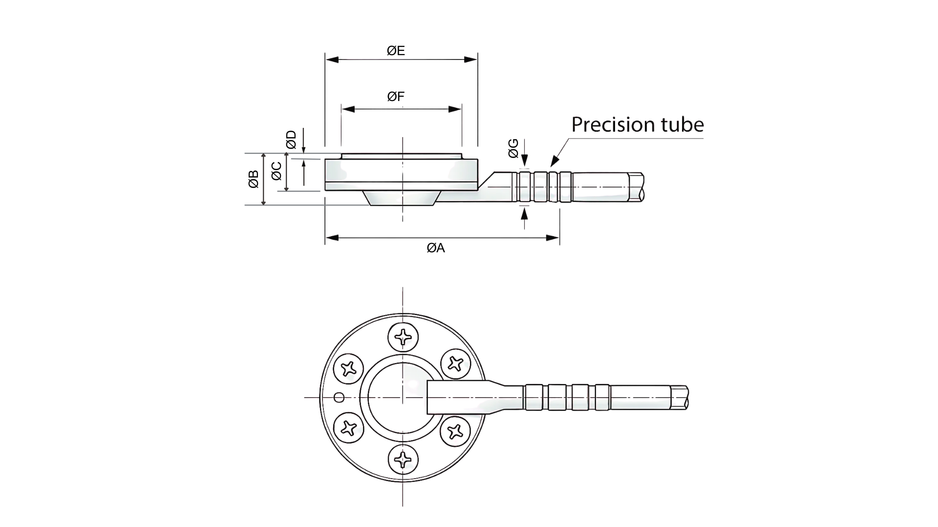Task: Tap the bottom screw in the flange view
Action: [x=404, y=459]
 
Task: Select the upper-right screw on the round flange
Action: [x=456, y=363]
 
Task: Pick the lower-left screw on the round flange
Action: [x=348, y=427]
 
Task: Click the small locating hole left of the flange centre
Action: [x=339, y=398]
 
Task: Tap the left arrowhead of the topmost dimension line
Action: [x=332, y=60]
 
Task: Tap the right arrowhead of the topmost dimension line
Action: [x=471, y=60]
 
